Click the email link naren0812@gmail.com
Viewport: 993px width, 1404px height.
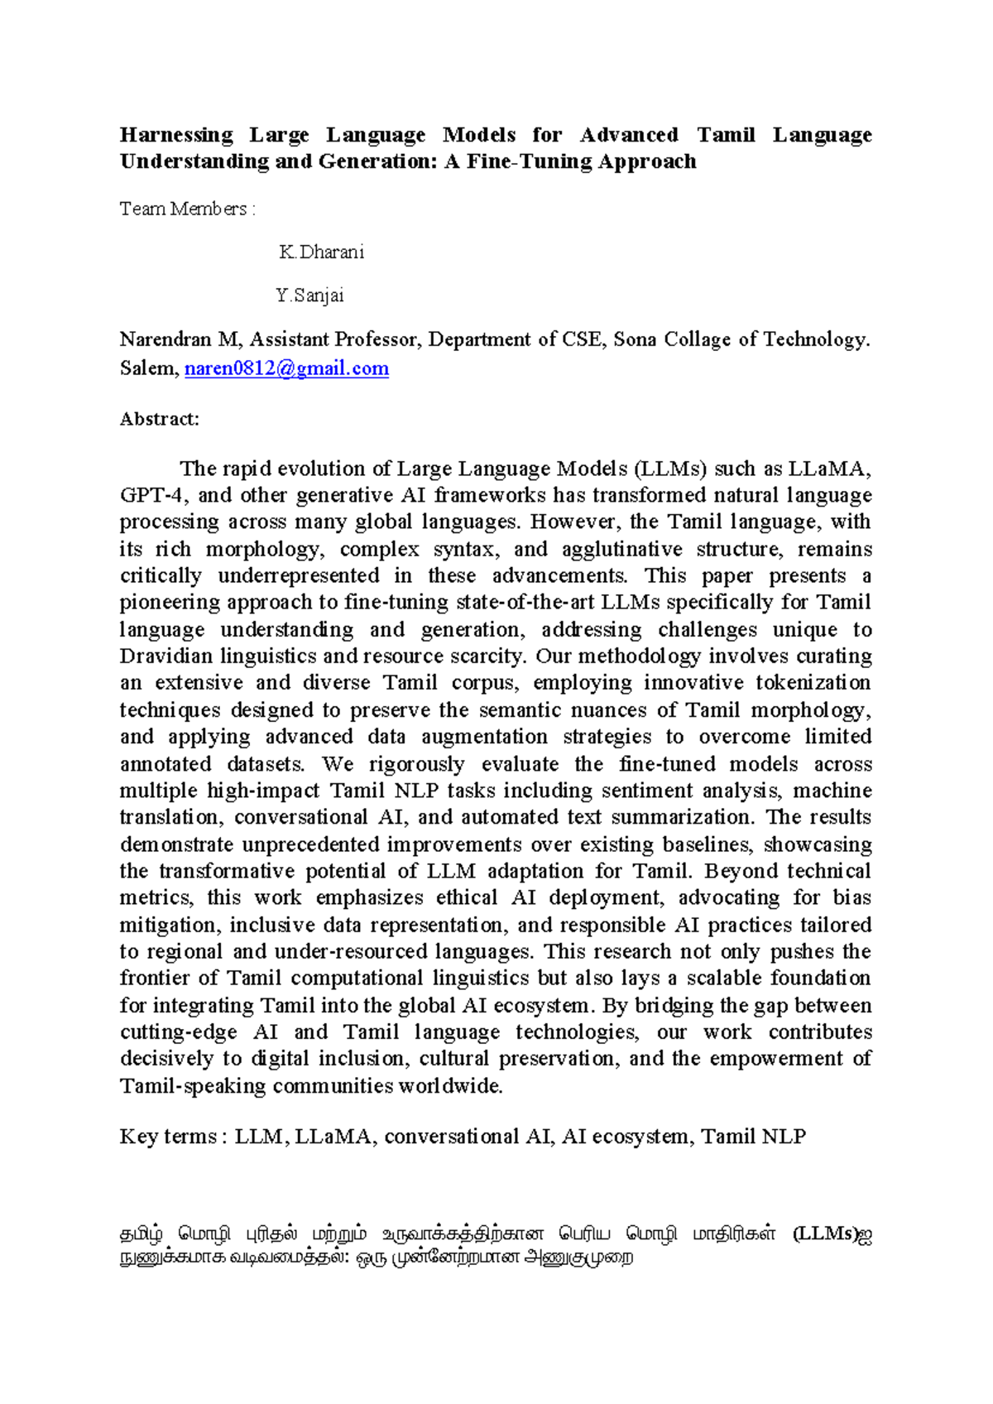tap(286, 368)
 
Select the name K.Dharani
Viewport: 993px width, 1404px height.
tap(322, 252)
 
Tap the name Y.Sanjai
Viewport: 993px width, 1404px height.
tap(309, 296)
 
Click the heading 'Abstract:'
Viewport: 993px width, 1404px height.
tap(160, 419)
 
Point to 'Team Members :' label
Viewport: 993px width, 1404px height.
tap(187, 209)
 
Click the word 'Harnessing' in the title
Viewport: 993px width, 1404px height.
tap(176, 135)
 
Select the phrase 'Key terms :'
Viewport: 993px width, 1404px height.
tap(169, 1137)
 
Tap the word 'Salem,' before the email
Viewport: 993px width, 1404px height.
tap(149, 368)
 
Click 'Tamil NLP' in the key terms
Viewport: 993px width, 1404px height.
tap(753, 1137)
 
